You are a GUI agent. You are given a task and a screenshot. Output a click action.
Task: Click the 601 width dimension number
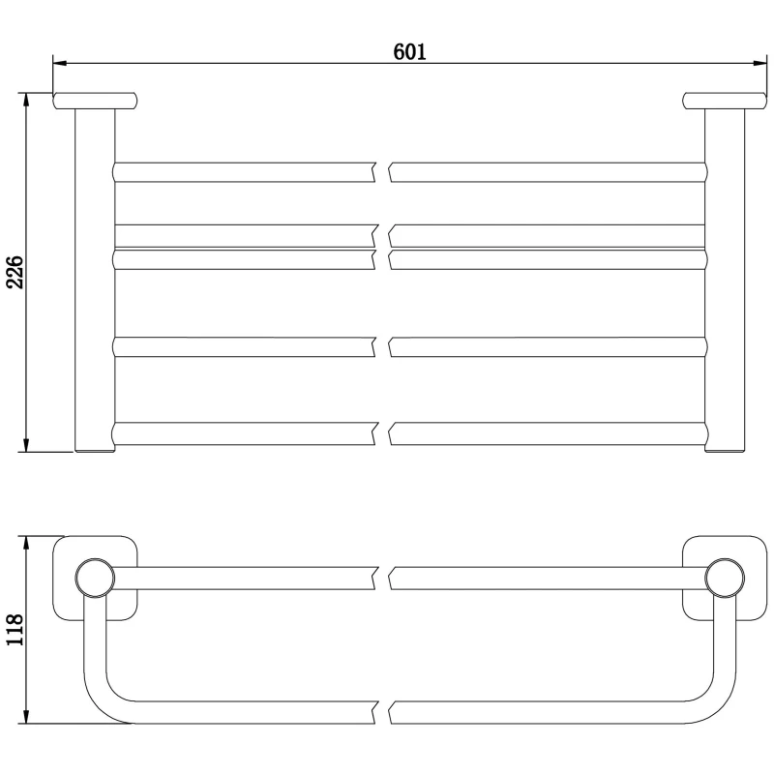coord(409,51)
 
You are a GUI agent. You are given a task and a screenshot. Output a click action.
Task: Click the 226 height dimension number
coord(15,272)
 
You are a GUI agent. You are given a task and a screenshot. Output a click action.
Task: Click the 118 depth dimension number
coord(15,630)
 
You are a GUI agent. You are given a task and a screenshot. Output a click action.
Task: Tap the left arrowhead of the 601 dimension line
coord(60,63)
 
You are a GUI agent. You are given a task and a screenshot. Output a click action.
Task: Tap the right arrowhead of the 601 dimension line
coord(759,63)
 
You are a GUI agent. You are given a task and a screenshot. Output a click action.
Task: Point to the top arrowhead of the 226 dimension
coord(27,100)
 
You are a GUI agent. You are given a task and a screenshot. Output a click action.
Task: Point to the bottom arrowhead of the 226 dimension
coord(27,445)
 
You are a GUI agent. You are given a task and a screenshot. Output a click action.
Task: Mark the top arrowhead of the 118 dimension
coord(27,543)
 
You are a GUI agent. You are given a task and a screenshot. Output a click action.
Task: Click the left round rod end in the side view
coord(95,578)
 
